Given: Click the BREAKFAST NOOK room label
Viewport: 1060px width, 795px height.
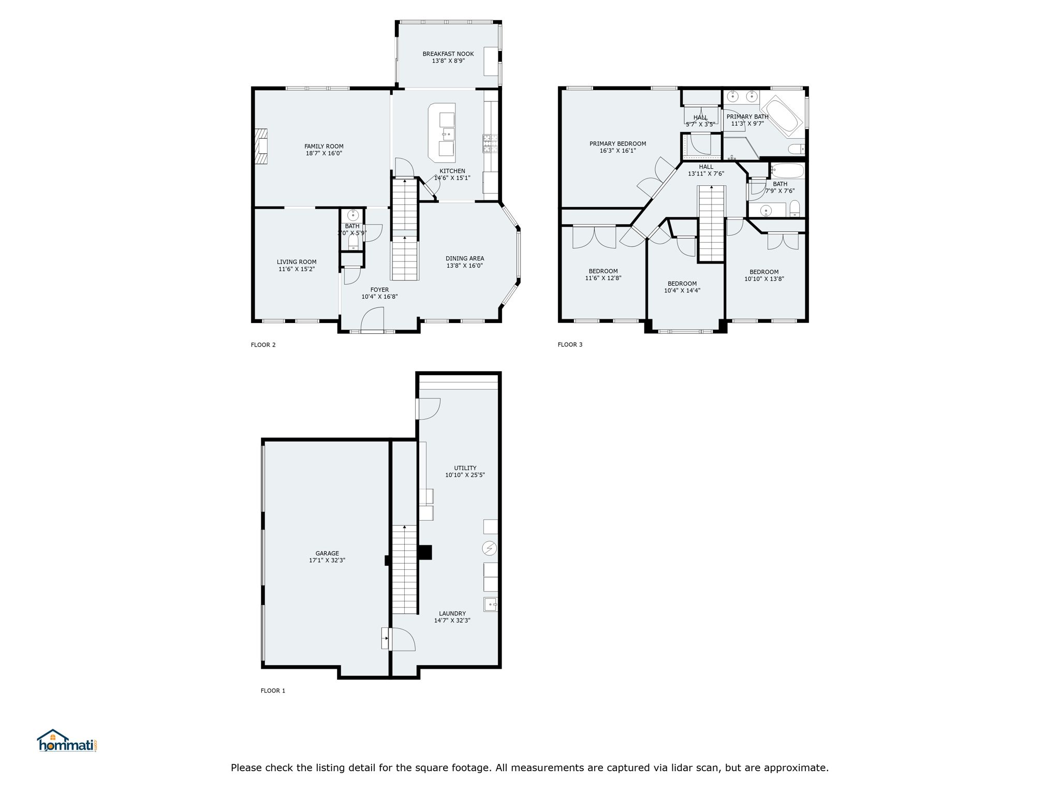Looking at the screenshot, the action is pos(448,54).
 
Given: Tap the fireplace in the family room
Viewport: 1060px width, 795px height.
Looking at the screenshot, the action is pos(261,146).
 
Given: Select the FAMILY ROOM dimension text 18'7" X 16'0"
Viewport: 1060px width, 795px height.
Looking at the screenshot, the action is pos(323,154).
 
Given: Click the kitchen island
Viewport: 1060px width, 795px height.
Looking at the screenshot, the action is pos(442,133).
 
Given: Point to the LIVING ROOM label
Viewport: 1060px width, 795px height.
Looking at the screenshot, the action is pos(297,262).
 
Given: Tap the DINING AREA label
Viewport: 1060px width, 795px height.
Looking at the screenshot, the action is pos(465,259).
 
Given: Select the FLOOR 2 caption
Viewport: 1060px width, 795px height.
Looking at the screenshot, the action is pos(263,345).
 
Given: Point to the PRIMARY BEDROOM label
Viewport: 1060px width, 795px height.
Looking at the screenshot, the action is pos(617,144).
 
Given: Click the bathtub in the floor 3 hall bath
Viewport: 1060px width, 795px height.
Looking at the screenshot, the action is pos(787,171).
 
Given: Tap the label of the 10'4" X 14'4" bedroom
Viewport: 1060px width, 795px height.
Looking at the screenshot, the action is pos(682,284).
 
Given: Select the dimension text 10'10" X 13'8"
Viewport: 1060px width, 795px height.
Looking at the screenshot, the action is pos(764,279).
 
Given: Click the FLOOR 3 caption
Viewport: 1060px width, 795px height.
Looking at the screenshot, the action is pos(570,344).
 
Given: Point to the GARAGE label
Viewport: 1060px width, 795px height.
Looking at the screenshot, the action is pos(327,553).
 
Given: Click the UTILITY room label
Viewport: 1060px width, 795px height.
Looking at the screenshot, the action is pos(465,468).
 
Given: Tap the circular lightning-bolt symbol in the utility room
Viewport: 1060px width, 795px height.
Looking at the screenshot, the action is pos(489,548).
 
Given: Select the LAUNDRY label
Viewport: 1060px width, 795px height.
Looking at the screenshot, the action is pos(452,613).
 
